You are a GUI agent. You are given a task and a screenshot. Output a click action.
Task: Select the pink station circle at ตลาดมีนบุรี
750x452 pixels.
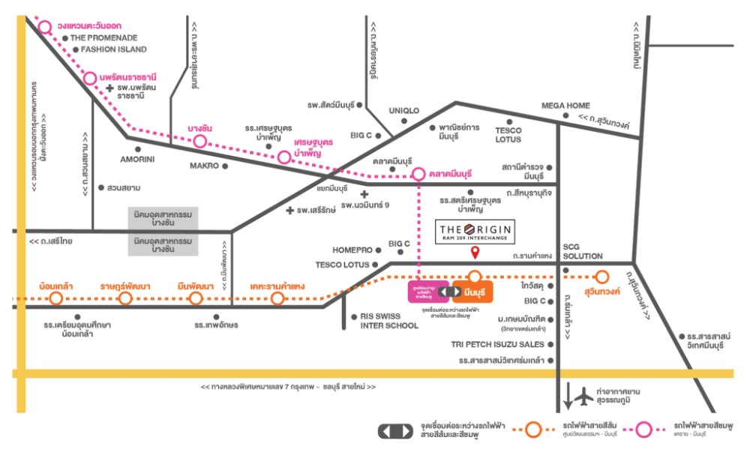418,174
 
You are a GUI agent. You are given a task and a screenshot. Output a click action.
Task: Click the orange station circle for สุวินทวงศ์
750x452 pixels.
601,277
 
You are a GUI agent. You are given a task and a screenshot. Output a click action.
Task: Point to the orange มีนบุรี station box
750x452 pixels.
472,291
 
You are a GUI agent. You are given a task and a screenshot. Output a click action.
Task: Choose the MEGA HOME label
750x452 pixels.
565,106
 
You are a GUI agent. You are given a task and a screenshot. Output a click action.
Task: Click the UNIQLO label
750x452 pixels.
403,111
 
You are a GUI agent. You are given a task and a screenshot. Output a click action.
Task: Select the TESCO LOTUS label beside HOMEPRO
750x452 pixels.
342,265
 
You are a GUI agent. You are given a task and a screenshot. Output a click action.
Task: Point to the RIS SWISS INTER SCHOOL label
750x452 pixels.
388,321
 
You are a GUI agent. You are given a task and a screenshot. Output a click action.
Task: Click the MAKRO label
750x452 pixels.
203,166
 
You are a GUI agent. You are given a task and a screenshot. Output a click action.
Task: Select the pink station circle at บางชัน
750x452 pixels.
199,141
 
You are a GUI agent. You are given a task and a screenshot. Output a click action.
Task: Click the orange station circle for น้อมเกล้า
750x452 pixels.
55,299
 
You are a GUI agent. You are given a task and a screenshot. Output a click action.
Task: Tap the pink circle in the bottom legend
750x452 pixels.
643,430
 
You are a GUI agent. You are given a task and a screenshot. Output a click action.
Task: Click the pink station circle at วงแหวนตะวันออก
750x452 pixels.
45,27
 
